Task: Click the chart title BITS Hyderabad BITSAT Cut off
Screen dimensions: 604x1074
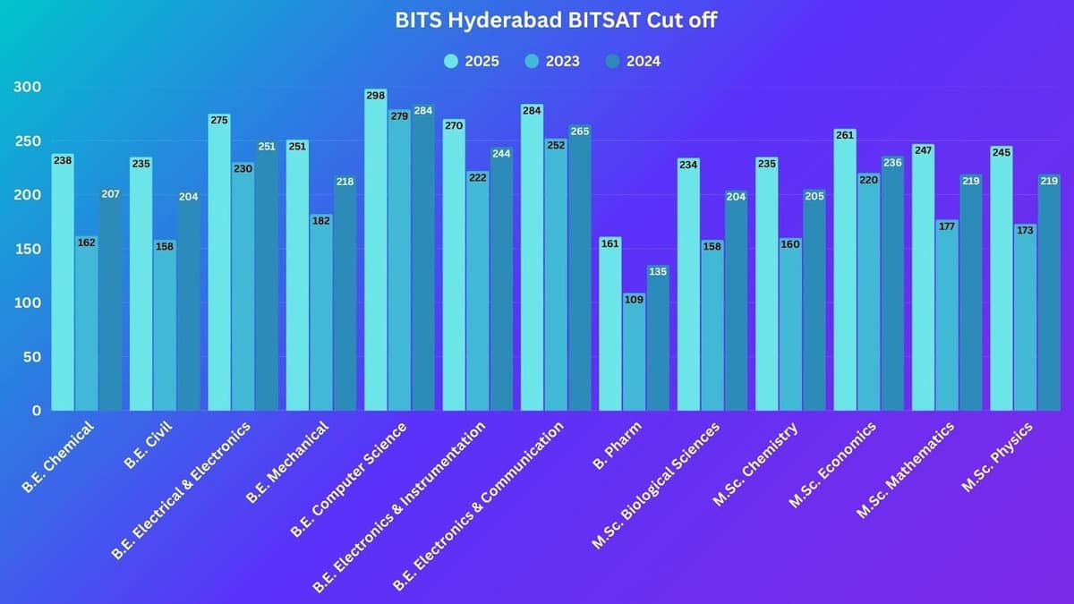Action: coord(555,21)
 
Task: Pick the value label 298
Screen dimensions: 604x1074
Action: coord(376,95)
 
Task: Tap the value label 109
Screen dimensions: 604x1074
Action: coord(634,299)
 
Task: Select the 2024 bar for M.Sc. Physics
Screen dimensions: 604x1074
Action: coord(1049,295)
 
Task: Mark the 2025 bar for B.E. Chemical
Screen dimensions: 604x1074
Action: coord(63,286)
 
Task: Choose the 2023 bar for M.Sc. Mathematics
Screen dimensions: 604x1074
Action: coord(947,318)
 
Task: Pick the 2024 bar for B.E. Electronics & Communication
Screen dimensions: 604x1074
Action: coord(579,273)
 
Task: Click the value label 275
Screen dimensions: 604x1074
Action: coord(219,120)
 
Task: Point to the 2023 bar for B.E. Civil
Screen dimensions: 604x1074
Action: coord(165,327)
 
